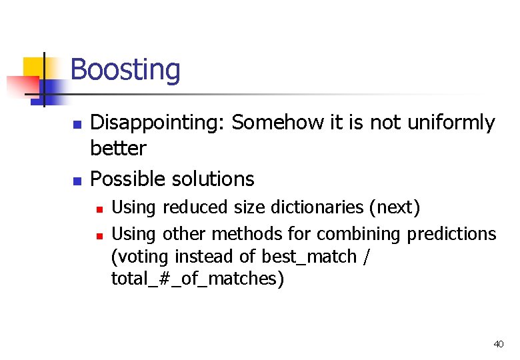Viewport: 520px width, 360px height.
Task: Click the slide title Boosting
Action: (x=125, y=69)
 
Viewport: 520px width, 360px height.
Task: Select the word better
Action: (x=118, y=148)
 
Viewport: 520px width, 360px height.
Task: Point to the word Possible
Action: (x=128, y=179)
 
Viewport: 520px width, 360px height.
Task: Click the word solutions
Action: (x=213, y=179)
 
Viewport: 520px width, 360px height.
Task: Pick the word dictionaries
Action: (x=318, y=207)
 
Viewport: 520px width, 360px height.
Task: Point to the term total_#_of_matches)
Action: (x=197, y=279)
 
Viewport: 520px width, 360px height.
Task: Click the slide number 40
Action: (x=498, y=344)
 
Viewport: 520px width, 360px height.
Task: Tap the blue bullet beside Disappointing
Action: (x=77, y=125)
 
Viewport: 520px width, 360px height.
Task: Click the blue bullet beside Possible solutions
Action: (x=77, y=181)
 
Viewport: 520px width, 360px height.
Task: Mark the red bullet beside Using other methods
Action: (x=99, y=235)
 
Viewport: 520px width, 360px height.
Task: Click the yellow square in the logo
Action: (x=33, y=67)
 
